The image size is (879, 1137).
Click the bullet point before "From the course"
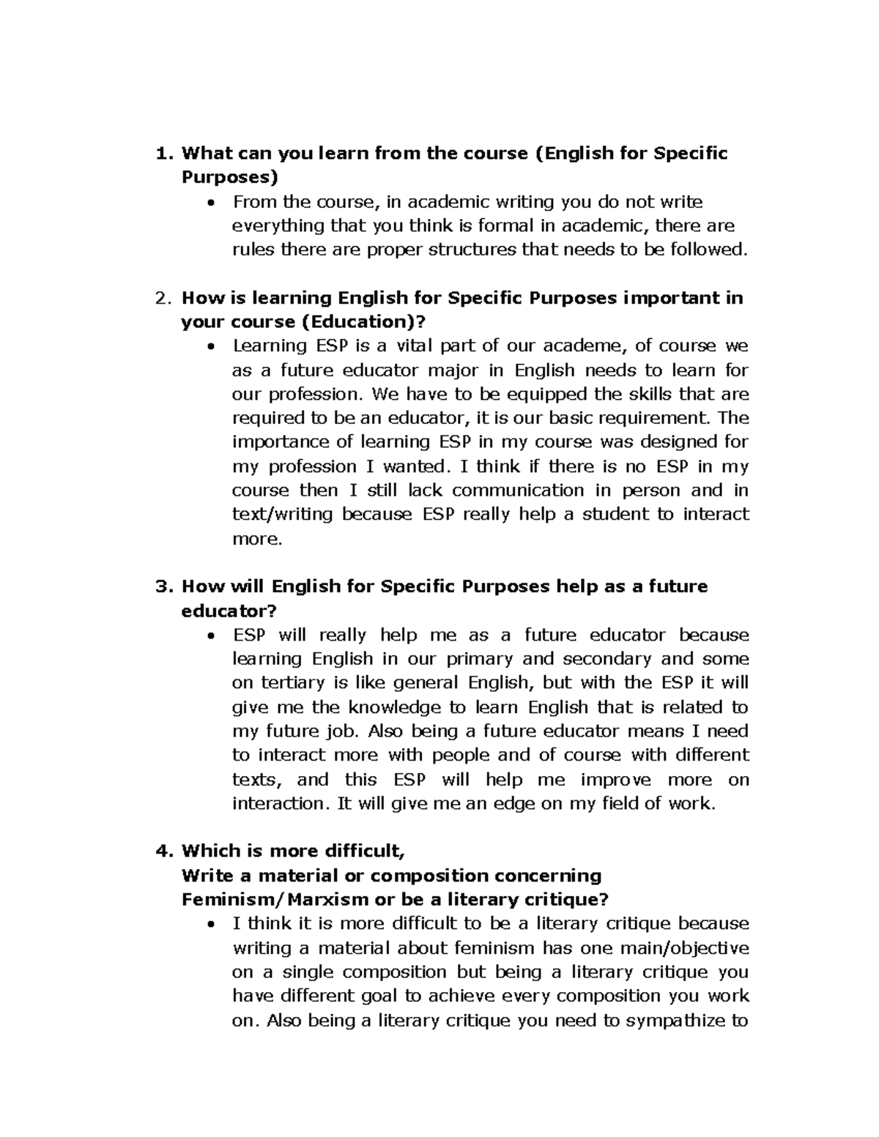point(211,202)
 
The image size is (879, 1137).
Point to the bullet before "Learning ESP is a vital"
point(211,346)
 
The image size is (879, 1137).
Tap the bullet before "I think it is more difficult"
point(211,924)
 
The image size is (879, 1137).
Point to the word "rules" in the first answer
point(253,250)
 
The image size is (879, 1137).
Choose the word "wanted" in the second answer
point(415,466)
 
